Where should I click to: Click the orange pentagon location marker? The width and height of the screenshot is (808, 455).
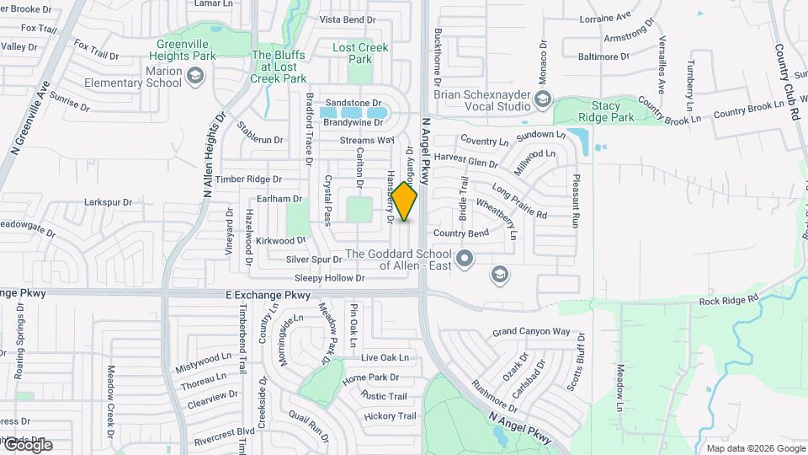(405, 202)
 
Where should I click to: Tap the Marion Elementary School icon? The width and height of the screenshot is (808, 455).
(195, 77)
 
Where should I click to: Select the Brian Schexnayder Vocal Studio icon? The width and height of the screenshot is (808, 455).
(543, 101)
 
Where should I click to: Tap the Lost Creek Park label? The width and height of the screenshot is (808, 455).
(360, 53)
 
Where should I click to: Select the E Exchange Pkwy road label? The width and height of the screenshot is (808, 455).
(268, 295)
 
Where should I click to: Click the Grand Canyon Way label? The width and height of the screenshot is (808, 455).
(531, 331)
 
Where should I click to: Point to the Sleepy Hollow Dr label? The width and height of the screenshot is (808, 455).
(329, 277)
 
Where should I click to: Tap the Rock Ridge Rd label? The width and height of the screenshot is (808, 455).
(729, 298)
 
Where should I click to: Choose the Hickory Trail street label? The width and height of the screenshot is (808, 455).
(390, 416)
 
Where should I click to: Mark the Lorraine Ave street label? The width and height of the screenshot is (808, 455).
(605, 16)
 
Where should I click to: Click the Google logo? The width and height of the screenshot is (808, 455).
(27, 445)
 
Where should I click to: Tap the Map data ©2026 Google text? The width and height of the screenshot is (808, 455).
(754, 447)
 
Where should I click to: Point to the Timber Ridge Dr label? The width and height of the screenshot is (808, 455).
(248, 179)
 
